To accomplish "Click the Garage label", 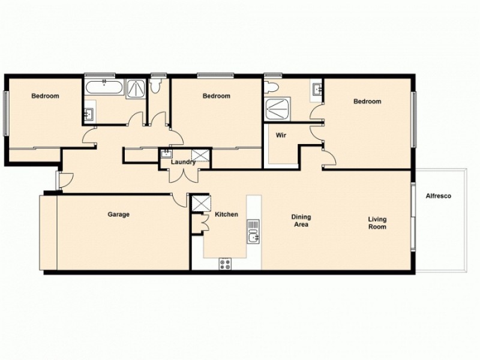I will point(119,214).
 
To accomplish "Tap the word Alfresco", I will point(438,196).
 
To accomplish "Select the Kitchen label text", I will point(226,214).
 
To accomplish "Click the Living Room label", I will point(377,223).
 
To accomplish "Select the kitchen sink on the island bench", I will point(253,231).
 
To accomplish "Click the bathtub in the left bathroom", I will point(104,90).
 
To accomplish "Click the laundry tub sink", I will point(165,154).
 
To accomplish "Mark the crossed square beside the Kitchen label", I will point(197,202).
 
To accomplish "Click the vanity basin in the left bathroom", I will point(89,113).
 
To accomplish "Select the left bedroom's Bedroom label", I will point(45,96).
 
